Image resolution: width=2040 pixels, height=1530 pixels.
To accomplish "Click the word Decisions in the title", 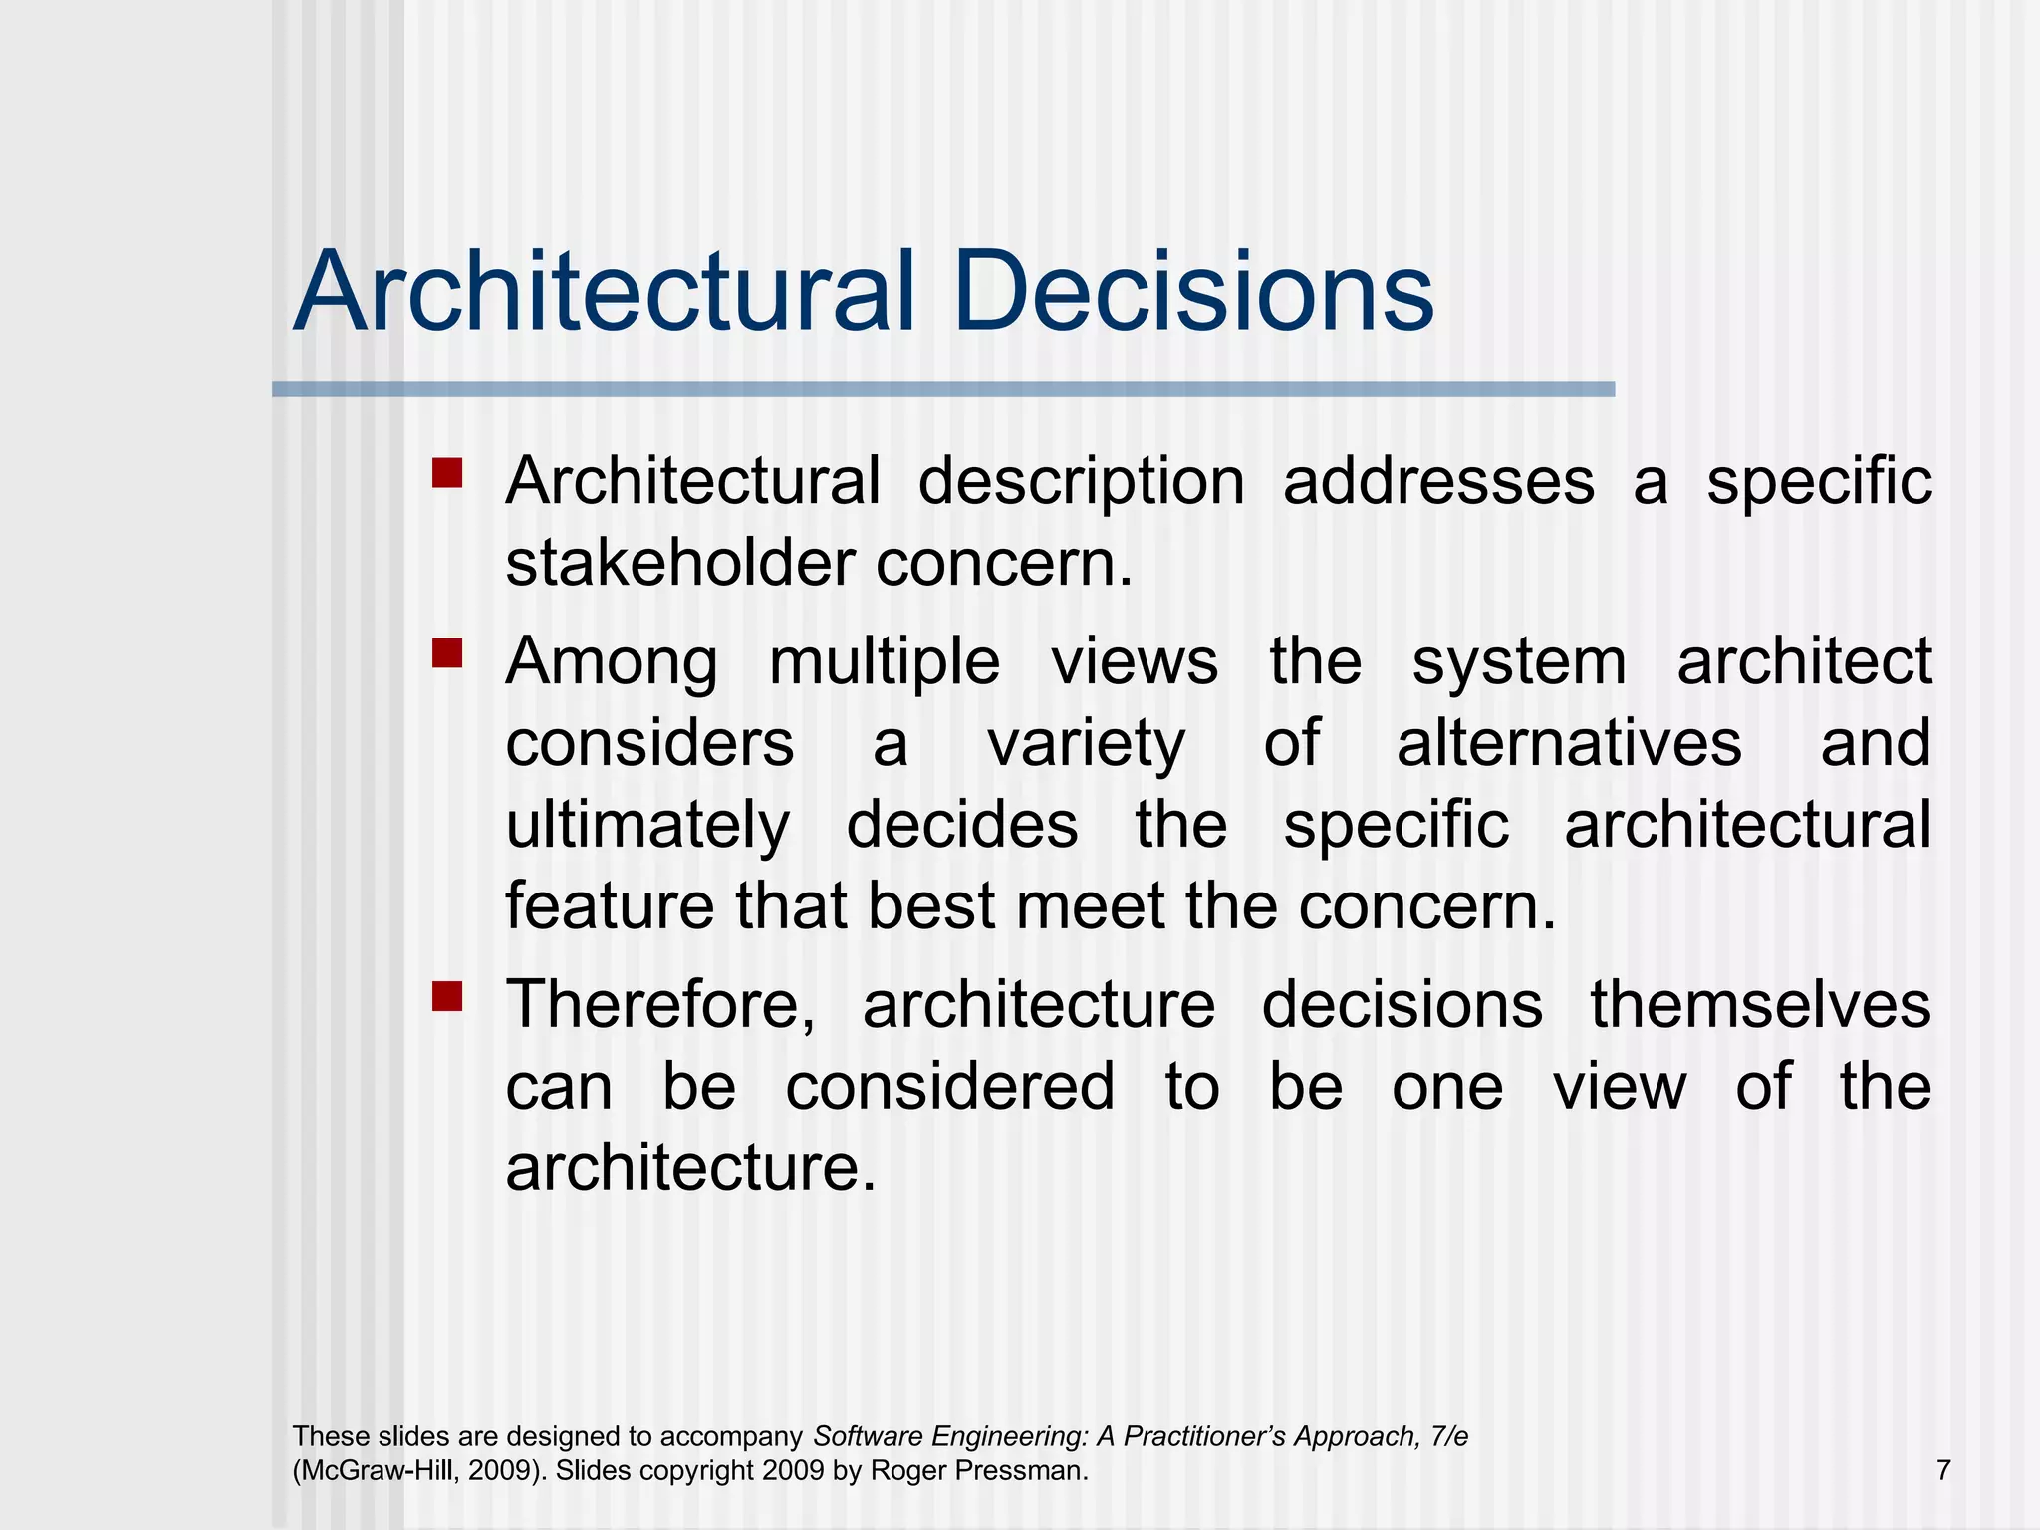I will tap(1192, 293).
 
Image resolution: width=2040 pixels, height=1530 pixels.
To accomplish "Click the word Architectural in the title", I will tap(604, 293).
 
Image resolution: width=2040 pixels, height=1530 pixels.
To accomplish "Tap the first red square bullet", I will tap(447, 472).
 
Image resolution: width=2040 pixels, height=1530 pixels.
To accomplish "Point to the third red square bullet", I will tap(447, 995).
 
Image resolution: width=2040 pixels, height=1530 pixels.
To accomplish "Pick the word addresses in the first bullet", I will tap(1437, 482).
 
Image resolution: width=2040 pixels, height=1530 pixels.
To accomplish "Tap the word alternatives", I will tap(1569, 744).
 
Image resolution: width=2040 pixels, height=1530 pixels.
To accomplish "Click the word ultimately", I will tap(647, 827).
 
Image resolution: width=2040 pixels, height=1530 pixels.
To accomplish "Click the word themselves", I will tap(1760, 1005).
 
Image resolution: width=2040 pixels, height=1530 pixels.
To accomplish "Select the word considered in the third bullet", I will tap(949, 1087).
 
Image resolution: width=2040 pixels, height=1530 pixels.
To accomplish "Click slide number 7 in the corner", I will tap(1943, 1470).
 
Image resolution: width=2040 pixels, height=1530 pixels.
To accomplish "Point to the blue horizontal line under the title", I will tap(942, 389).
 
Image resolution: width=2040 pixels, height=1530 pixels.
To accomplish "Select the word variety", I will tap(1086, 744).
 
